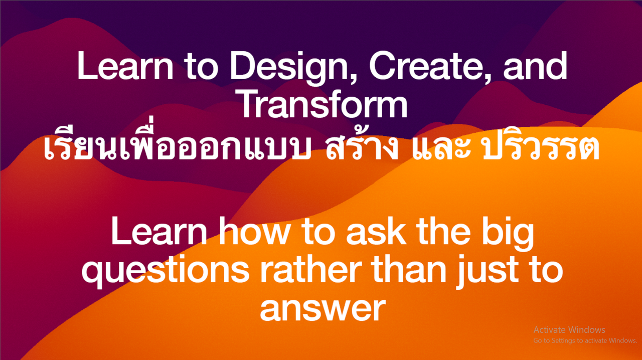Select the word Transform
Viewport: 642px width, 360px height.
[324, 103]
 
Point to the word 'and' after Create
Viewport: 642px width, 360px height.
[535, 65]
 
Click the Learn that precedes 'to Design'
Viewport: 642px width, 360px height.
[125, 65]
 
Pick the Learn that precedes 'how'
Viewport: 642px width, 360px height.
[159, 230]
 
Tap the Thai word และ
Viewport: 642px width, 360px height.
[441, 148]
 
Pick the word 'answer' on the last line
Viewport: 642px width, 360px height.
[323, 309]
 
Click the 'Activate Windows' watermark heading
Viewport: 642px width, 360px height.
[569, 330]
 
